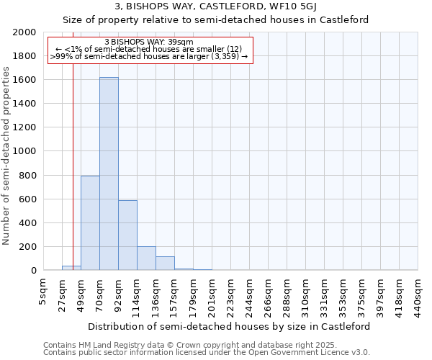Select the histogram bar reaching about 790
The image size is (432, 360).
(x=90, y=223)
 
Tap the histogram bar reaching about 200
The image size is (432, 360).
(x=146, y=258)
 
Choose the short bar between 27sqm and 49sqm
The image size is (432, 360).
(x=71, y=268)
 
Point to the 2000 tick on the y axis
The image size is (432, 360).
(x=26, y=32)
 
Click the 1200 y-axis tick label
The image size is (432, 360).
(x=26, y=127)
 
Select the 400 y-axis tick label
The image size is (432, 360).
(x=29, y=223)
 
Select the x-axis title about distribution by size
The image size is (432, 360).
(x=230, y=326)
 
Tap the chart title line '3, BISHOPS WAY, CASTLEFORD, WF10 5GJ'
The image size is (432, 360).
(x=216, y=7)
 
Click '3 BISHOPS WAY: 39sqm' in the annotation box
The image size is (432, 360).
(x=149, y=42)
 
